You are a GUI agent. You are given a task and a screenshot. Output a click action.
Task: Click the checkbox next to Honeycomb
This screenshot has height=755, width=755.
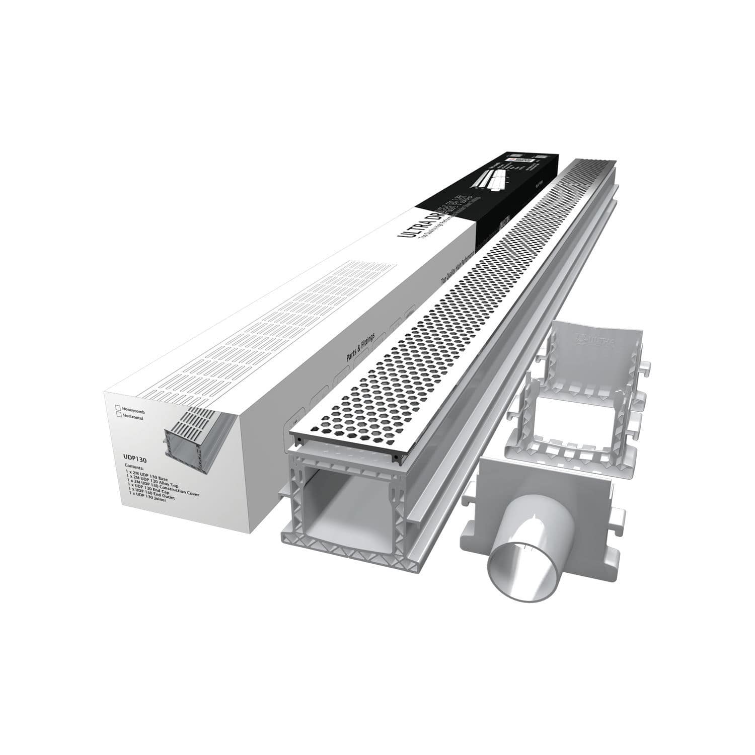118,407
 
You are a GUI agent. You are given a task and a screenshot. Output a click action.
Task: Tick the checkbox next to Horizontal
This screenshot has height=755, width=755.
118,416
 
